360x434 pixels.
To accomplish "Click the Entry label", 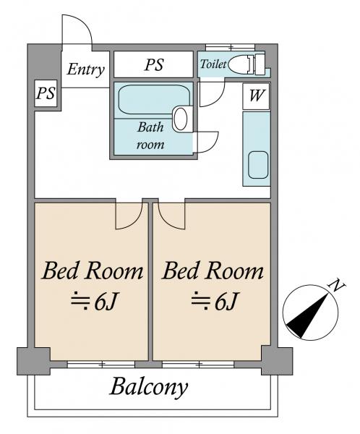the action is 86,69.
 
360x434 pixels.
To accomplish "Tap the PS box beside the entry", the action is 46,93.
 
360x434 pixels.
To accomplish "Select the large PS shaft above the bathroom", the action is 153,64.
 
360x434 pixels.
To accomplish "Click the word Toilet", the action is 213,64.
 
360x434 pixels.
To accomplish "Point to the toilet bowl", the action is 239,64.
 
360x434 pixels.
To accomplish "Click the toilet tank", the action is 260,64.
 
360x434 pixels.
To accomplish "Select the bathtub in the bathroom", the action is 154,99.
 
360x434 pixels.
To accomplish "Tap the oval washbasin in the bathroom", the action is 181,119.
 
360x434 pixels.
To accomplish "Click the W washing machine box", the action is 256,96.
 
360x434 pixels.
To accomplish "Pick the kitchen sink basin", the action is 258,165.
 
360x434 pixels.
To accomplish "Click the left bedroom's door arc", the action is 134,221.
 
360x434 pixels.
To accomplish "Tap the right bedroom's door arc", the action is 166,221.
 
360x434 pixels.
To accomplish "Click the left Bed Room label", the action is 93,271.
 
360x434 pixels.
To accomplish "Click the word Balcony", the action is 149,387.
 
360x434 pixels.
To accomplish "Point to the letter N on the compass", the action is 335,286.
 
